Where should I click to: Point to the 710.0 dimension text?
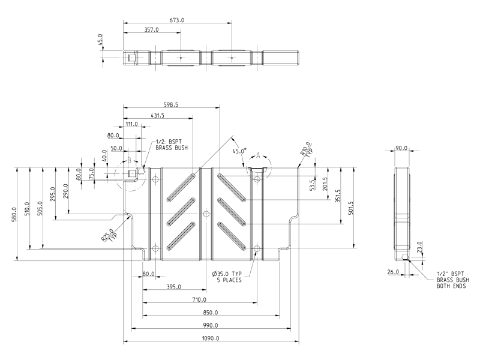click(x=200, y=299)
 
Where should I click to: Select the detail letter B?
click(x=128, y=160)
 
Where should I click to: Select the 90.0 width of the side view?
click(x=401, y=148)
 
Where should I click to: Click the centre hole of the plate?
click(x=206, y=214)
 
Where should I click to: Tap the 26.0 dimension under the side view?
click(x=394, y=272)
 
